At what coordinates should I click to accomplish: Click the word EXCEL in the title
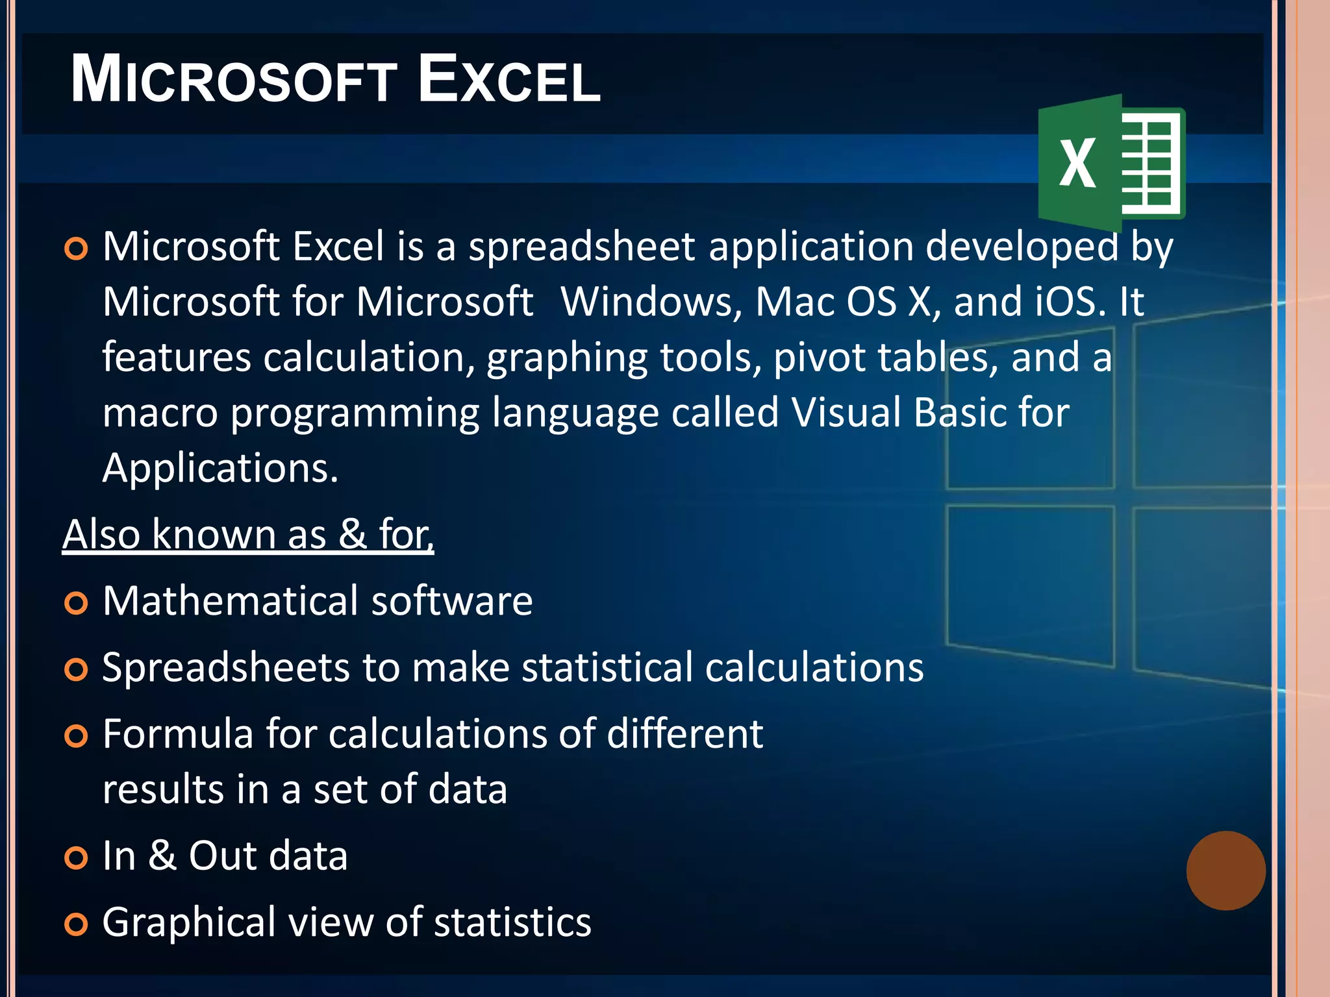click(509, 79)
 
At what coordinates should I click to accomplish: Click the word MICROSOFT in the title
click(234, 79)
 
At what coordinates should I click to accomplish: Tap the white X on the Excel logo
click(1077, 164)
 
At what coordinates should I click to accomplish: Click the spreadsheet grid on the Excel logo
click(1148, 164)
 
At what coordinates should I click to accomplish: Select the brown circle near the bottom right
click(1225, 870)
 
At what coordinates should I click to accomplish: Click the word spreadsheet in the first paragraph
click(582, 247)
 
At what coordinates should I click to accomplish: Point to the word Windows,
click(651, 302)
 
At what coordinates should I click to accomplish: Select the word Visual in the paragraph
click(846, 413)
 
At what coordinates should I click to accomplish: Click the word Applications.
click(220, 468)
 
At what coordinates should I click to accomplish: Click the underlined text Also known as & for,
click(248, 534)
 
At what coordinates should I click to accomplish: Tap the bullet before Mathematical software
click(77, 603)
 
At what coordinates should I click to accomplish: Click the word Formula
click(177, 734)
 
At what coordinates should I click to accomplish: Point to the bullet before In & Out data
click(77, 858)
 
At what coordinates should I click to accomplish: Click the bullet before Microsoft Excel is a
click(77, 249)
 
